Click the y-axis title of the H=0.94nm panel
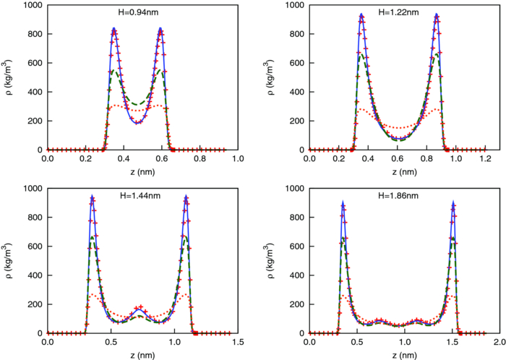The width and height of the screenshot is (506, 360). (x=9, y=77)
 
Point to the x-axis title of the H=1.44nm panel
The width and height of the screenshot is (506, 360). (x=137, y=356)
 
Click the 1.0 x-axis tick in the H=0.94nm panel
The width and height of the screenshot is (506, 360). (x=238, y=158)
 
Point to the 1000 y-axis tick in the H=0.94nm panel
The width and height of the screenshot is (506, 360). (x=32, y=5)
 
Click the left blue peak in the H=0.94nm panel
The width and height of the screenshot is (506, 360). (x=114, y=29)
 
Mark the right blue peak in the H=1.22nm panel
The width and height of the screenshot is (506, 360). (x=437, y=14)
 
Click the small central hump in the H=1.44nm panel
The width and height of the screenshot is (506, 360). (x=140, y=310)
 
